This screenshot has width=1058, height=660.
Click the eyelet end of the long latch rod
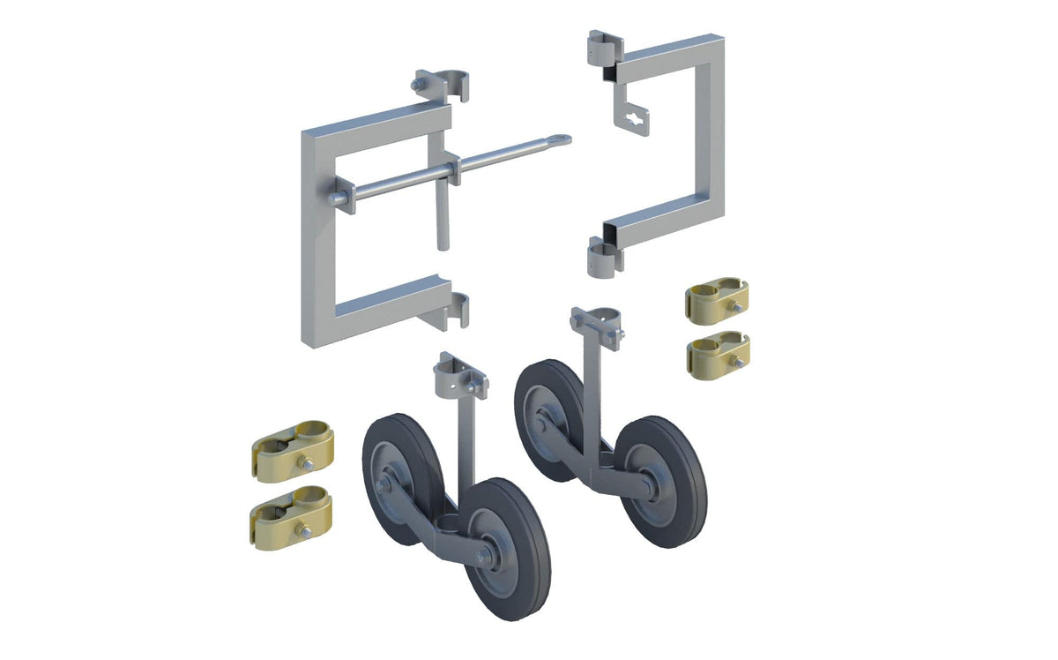[561, 139]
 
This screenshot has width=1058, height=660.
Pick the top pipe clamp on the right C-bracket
[601, 49]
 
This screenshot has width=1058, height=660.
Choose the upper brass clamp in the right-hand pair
[717, 301]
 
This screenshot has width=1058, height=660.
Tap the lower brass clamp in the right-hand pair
[718, 352]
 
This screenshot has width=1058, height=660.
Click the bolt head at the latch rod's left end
[333, 199]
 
